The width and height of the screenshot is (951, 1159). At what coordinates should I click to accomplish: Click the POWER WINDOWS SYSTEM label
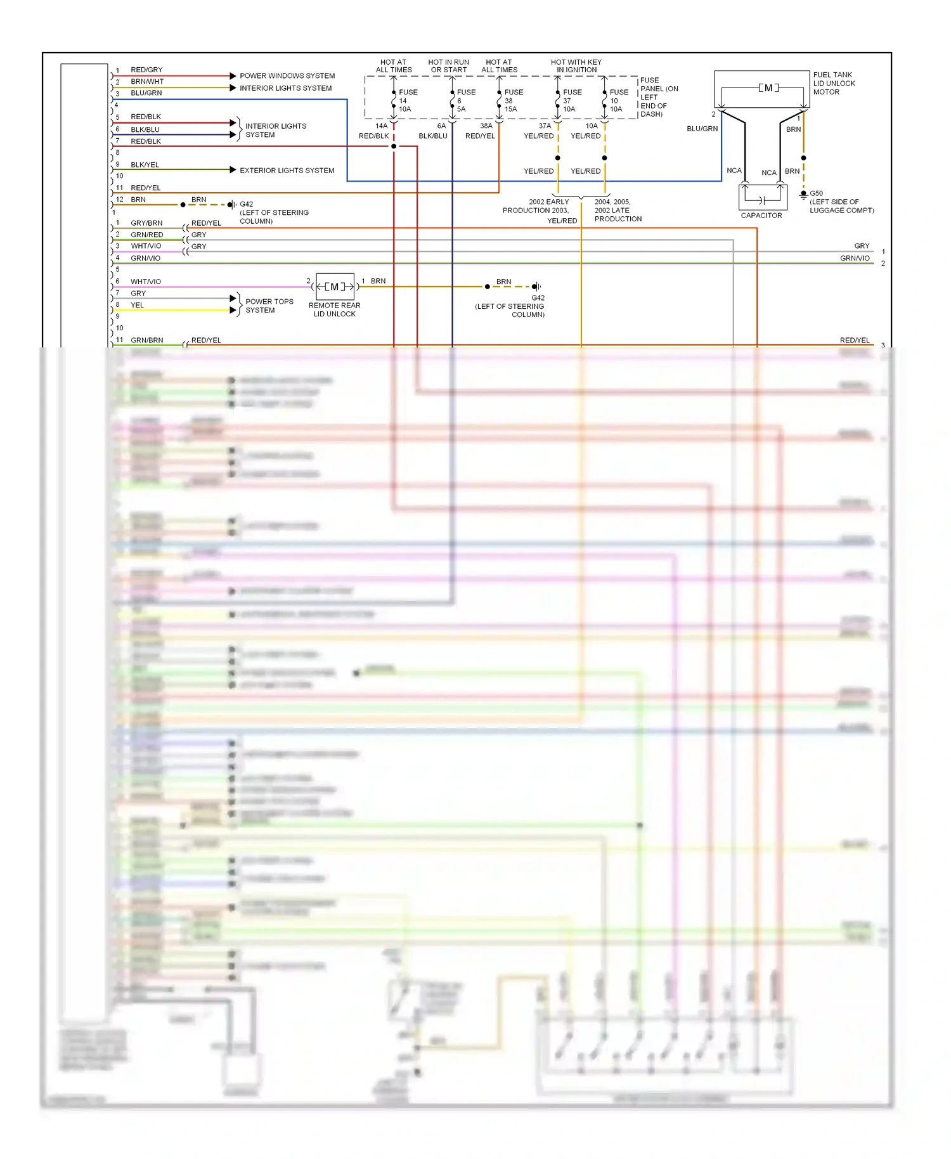tap(287, 75)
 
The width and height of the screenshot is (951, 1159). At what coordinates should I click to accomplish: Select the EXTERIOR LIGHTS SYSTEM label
tap(287, 171)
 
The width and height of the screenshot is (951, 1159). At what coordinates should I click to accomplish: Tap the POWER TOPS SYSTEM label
tap(269, 306)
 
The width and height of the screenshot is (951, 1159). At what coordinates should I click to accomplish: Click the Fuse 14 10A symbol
tap(394, 100)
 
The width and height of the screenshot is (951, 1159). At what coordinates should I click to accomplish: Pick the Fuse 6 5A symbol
tap(452, 100)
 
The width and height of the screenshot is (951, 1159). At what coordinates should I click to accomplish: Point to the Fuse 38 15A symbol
tap(499, 100)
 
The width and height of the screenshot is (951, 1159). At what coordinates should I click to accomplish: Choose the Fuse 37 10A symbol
tap(557, 100)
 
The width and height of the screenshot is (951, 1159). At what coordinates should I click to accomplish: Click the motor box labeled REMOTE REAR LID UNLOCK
tap(335, 287)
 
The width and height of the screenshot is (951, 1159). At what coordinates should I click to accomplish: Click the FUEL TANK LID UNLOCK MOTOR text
tap(834, 83)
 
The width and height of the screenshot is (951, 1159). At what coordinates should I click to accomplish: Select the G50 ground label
tap(816, 193)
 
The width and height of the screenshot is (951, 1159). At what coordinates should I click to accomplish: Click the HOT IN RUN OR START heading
tap(448, 66)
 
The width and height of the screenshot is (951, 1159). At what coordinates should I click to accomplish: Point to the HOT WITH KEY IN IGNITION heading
tap(576, 66)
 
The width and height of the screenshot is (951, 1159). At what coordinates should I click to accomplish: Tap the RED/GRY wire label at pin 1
tap(146, 70)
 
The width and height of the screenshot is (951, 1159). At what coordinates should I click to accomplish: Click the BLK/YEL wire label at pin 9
tap(145, 165)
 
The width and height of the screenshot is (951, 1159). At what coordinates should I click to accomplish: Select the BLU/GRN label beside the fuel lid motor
tap(702, 129)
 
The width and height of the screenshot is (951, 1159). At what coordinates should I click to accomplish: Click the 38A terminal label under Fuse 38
tap(486, 126)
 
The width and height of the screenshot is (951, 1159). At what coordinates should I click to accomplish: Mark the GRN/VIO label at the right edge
tap(855, 258)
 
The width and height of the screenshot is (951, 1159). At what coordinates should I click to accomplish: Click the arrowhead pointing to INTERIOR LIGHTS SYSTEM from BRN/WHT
tap(233, 87)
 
